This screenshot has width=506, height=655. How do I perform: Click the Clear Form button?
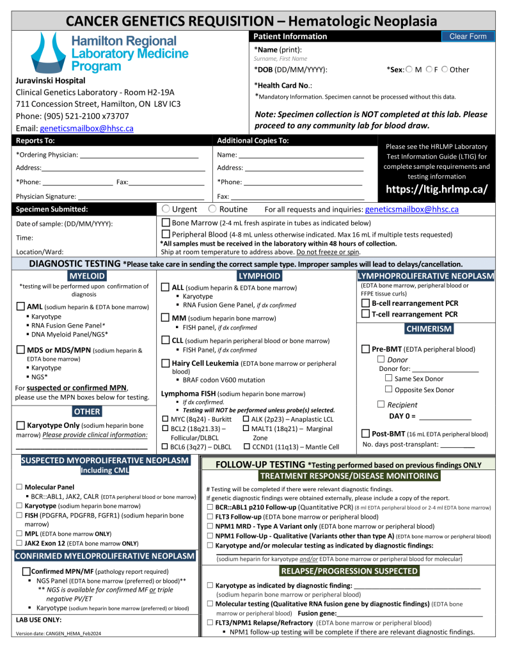point(468,36)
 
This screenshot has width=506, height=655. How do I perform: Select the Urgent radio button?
point(166,209)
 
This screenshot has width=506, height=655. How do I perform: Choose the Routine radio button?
point(212,209)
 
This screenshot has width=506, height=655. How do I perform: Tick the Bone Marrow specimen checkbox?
point(166,223)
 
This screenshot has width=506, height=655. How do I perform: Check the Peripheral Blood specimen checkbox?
point(166,234)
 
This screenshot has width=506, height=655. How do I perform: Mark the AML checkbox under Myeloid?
point(20,306)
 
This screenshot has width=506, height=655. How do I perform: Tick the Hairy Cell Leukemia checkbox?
point(166,363)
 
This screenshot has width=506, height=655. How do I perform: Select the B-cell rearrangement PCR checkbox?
point(366,303)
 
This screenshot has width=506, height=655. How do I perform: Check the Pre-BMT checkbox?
point(366,349)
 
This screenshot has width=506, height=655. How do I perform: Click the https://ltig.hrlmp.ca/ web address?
point(437,189)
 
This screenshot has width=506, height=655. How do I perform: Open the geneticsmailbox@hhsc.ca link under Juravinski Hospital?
point(86,128)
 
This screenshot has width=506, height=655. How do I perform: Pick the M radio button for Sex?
point(409,70)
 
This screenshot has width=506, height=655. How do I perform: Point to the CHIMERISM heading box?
point(429,329)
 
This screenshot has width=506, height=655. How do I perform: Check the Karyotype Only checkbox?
point(20,425)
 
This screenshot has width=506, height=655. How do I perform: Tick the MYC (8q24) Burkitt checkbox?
point(165,418)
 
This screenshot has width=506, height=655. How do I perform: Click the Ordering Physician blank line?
point(139,155)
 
